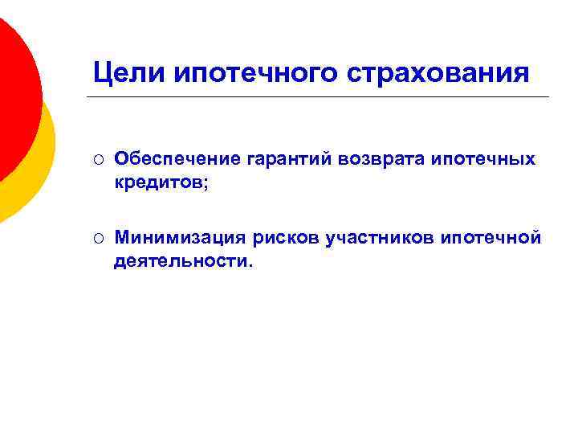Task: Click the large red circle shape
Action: [12, 96]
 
